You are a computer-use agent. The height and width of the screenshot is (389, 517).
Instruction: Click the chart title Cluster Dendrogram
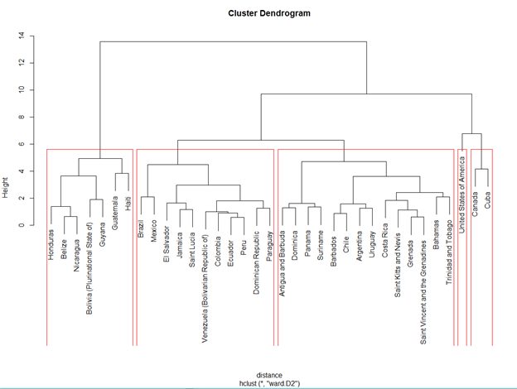coord(269,13)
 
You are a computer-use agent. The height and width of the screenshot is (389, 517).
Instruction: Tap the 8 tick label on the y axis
coord(22,117)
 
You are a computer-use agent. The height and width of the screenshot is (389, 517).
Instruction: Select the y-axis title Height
coord(5,187)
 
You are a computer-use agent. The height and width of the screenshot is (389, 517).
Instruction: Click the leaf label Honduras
coord(51,245)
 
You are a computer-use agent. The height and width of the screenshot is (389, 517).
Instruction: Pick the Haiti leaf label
coord(128,204)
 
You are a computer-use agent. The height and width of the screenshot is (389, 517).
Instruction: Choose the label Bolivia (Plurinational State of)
coord(89,268)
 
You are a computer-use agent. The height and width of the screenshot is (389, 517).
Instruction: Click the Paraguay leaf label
coord(270,246)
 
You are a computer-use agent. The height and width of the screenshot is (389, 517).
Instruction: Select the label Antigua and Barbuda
coord(283,263)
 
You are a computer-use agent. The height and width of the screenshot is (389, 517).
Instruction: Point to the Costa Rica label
coord(385,241)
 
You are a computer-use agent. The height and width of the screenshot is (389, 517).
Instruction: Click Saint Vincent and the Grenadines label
coord(423,292)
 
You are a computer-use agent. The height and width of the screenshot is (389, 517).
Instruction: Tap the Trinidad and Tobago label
coord(449,252)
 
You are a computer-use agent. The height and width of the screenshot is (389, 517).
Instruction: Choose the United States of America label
coord(462,194)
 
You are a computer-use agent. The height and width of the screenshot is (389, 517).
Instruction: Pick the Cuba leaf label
coord(488,200)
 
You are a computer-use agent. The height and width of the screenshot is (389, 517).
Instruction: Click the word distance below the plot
coord(269,375)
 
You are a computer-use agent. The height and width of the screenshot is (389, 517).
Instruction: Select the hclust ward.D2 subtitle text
coord(270,383)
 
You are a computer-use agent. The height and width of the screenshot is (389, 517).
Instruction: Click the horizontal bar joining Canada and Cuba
coord(481,170)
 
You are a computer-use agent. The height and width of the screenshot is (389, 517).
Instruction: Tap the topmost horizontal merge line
coord(233,42)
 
